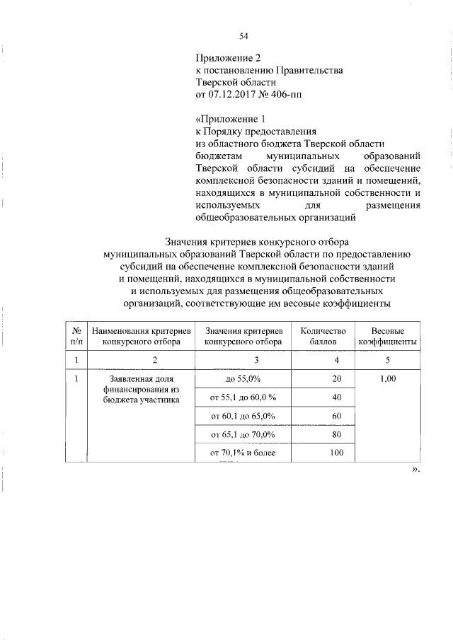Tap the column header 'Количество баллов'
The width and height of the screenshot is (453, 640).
pyautogui.click(x=322, y=335)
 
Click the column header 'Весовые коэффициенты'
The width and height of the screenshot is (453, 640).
pyautogui.click(x=387, y=335)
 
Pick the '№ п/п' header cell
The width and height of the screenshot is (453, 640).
pyautogui.click(x=76, y=335)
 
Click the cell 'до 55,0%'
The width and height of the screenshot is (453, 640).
pyautogui.click(x=243, y=379)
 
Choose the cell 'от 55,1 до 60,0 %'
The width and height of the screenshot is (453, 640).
pyautogui.click(x=243, y=397)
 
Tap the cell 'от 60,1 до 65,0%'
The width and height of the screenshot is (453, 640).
pyautogui.click(x=243, y=415)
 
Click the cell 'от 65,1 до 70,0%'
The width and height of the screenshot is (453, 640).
pyautogui.click(x=243, y=434)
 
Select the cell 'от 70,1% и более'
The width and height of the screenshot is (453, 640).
pyautogui.click(x=243, y=452)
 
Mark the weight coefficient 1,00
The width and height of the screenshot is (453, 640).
pyautogui.click(x=387, y=379)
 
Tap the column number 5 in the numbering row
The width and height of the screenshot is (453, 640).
pyautogui.click(x=387, y=360)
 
